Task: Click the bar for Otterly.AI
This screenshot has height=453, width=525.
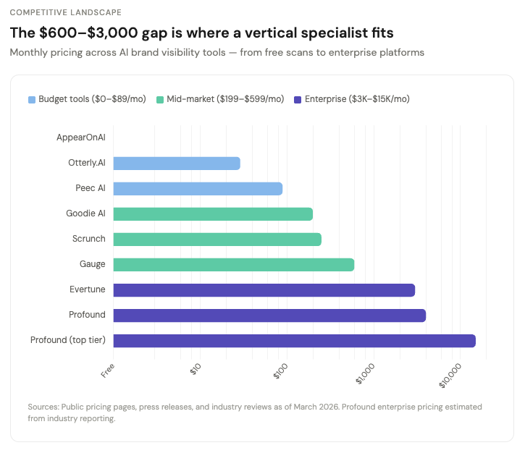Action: pyautogui.click(x=176, y=164)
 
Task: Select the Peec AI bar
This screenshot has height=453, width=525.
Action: pyautogui.click(x=198, y=189)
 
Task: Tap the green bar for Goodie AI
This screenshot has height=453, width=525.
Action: pyautogui.click(x=213, y=214)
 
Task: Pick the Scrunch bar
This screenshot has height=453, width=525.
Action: pyautogui.click(x=217, y=240)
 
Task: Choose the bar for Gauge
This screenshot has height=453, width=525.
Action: pyautogui.click(x=233, y=265)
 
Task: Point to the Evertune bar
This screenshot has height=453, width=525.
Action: pyautogui.click(x=264, y=290)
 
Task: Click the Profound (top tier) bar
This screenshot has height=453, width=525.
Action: pyautogui.click(x=294, y=341)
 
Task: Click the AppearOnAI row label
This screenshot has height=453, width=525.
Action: pyautogui.click(x=80, y=137)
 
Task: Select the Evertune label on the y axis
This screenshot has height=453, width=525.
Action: pyautogui.click(x=87, y=289)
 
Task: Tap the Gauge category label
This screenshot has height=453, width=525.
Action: pyautogui.click(x=93, y=264)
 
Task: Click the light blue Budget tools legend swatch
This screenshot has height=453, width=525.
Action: pyautogui.click(x=31, y=99)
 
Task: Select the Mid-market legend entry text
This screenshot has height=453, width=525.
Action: pyautogui.click(x=225, y=99)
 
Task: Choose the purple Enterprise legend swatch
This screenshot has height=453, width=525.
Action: pyautogui.click(x=298, y=99)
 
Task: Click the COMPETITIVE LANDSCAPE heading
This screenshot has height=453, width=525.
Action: pyautogui.click(x=66, y=12)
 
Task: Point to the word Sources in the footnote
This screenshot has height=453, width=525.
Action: pyautogui.click(x=43, y=407)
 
